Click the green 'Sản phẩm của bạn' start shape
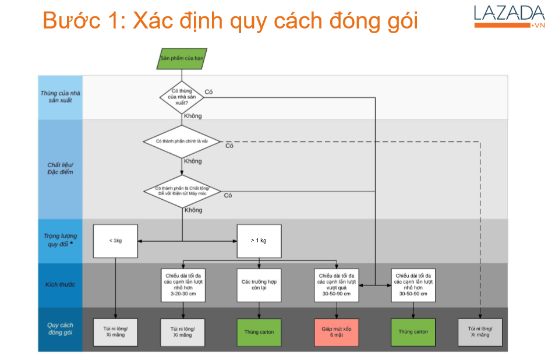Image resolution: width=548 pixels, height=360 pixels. click(182, 59)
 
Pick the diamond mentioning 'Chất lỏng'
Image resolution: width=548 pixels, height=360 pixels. click(182, 191)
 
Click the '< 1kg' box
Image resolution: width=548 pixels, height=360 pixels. click(115, 241)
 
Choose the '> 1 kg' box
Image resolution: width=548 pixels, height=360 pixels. click(259, 241)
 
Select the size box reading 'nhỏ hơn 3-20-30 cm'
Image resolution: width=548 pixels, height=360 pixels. click(182, 285)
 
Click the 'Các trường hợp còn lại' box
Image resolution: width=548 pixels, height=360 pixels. click(259, 285)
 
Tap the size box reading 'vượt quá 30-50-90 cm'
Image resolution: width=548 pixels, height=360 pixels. click(336, 285)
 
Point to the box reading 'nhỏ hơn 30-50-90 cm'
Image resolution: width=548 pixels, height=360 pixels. click(413, 285)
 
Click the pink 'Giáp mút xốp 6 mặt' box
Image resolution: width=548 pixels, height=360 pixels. click(336, 332)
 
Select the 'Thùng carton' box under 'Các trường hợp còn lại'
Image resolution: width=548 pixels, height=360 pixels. click(259, 332)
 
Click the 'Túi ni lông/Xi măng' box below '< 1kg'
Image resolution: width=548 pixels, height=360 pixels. click(115, 332)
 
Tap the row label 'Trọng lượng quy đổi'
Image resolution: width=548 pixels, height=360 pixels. click(61, 241)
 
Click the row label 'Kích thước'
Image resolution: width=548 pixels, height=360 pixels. click(61, 285)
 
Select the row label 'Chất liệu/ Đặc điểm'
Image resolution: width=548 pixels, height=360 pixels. click(61, 168)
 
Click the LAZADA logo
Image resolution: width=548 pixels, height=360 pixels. click(509, 16)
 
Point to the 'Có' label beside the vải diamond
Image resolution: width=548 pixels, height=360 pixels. click(229, 146)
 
